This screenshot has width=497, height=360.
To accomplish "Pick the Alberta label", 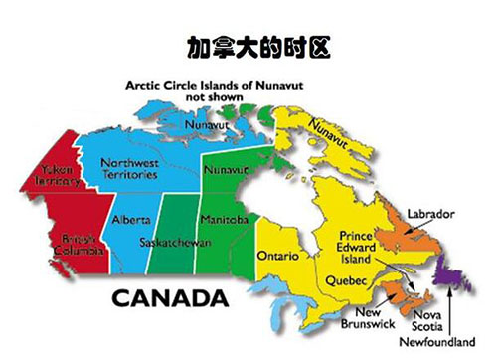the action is (130, 219).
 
